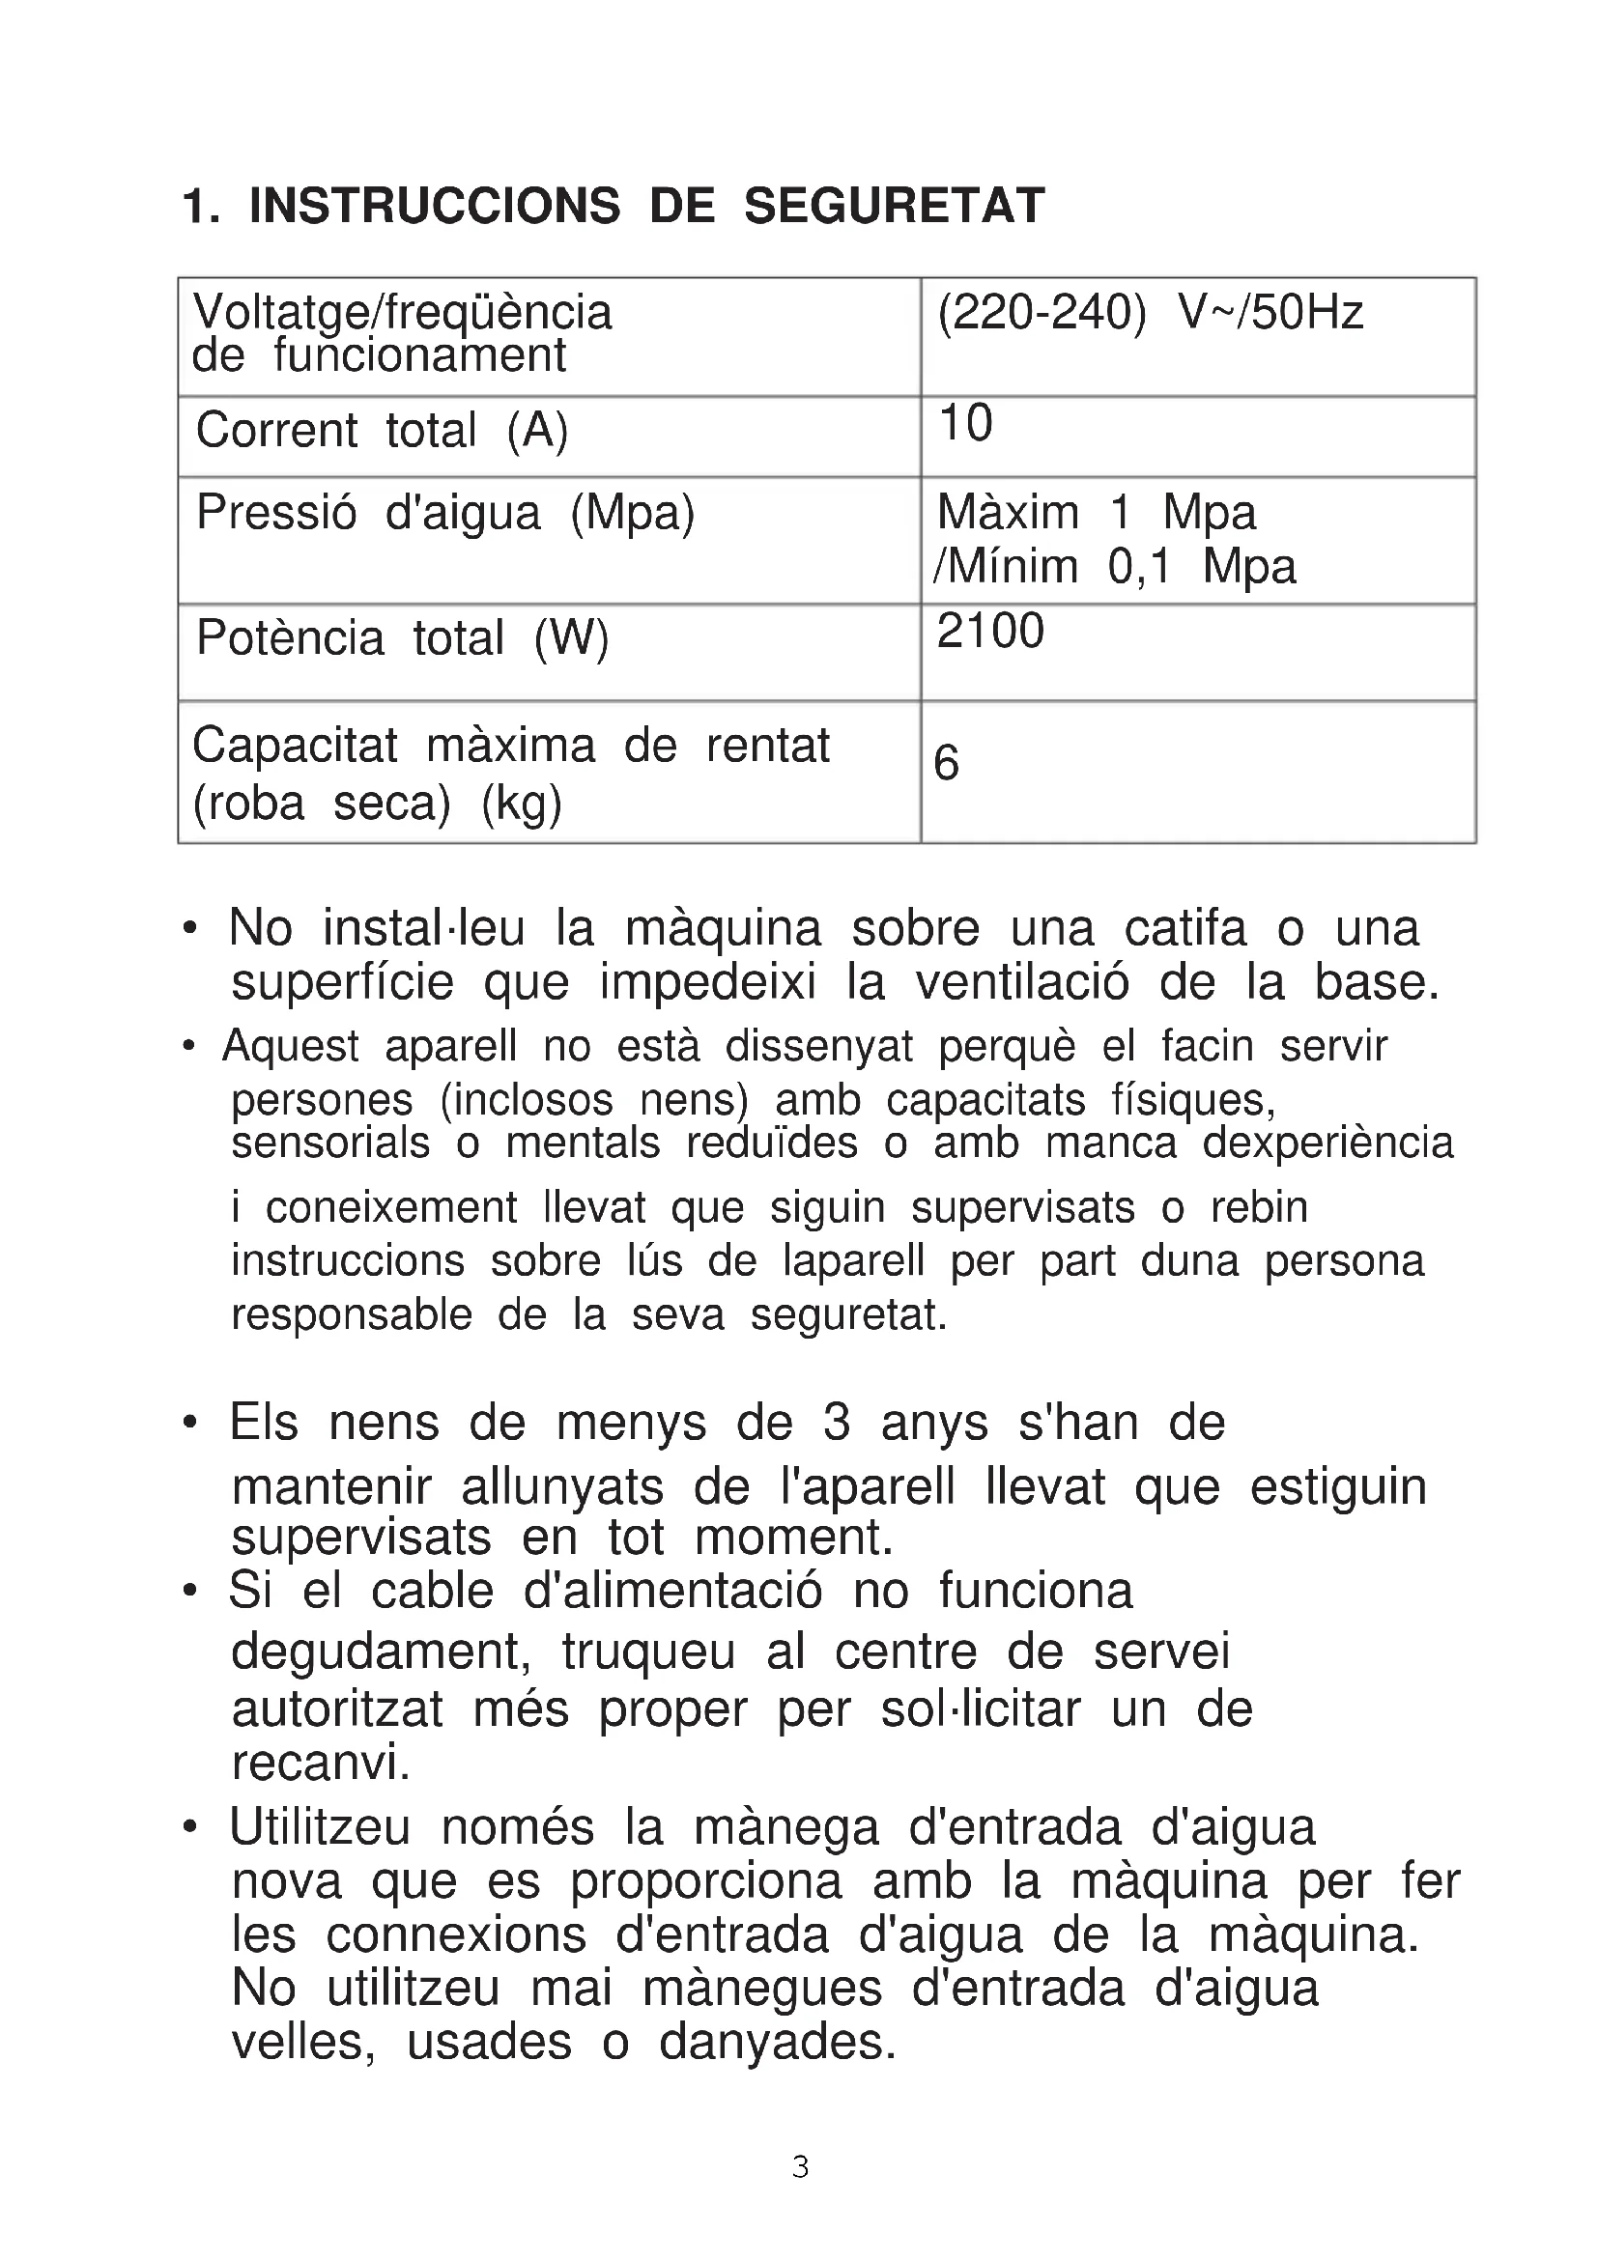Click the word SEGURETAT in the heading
tap(894, 207)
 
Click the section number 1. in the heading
tap(201, 208)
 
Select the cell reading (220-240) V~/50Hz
tap(1150, 313)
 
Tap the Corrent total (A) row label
tap(382, 430)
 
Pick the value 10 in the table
tap(965, 423)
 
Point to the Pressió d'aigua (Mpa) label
tap(444, 513)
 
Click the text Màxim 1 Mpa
tap(1097, 513)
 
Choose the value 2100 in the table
tap(990, 631)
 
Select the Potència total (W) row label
tap(403, 637)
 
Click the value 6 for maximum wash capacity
tap(946, 763)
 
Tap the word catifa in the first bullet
tap(1184, 928)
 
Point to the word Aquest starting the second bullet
tap(290, 1046)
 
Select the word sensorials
tap(330, 1144)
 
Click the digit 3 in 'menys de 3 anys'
tap(836, 1423)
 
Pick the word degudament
tap(381, 1651)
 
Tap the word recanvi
tap(320, 1763)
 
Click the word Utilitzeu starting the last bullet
tap(319, 1827)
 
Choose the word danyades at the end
tap(778, 2042)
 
